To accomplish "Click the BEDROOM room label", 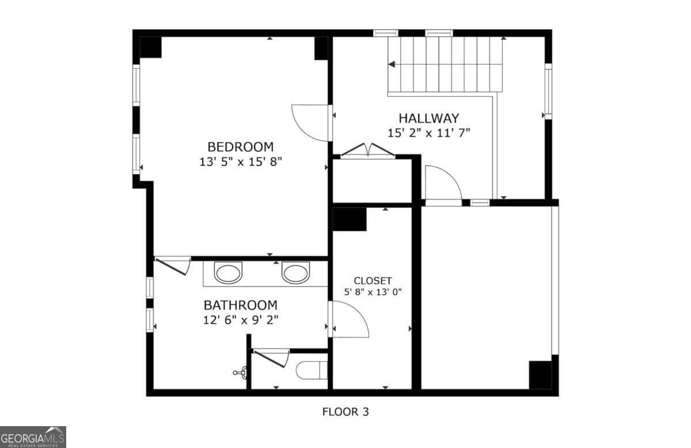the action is [240, 147].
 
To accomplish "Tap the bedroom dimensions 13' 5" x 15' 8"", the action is [241, 162].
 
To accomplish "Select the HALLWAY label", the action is [429, 118].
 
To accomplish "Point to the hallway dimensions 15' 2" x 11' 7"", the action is [429, 133].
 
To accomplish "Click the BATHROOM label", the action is [241, 305].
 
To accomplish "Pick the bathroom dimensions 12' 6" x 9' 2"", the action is [241, 320].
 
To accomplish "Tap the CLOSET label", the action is [373, 281].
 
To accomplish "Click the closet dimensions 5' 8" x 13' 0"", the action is [373, 292].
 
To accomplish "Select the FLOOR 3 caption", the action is [345, 412].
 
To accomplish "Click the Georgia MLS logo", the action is [33, 437].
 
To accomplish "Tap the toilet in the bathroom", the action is [312, 370].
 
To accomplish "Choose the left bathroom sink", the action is [228, 273].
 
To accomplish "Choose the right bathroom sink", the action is [295, 273].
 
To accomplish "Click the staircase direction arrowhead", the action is [392, 64].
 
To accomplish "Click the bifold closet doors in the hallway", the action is [367, 150].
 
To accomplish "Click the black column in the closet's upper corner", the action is [350, 219].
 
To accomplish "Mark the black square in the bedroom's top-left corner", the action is [150, 47].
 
